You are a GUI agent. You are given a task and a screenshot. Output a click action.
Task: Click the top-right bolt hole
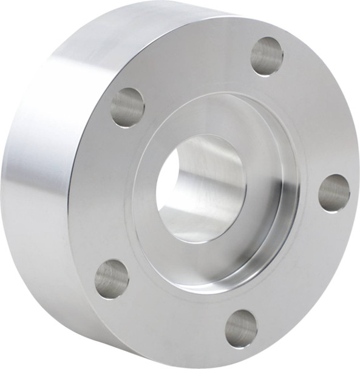click(267, 56)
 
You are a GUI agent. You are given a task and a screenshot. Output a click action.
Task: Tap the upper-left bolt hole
click(127, 107)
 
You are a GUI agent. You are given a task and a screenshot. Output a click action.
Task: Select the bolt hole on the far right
click(334, 192)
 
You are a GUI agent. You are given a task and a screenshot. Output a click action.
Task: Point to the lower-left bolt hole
click(112, 279)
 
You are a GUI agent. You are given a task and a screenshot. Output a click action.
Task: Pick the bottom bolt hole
click(241, 328)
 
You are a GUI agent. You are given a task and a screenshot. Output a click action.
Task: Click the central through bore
click(200, 188)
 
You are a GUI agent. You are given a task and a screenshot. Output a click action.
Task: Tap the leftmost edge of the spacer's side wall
click(2, 176)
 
